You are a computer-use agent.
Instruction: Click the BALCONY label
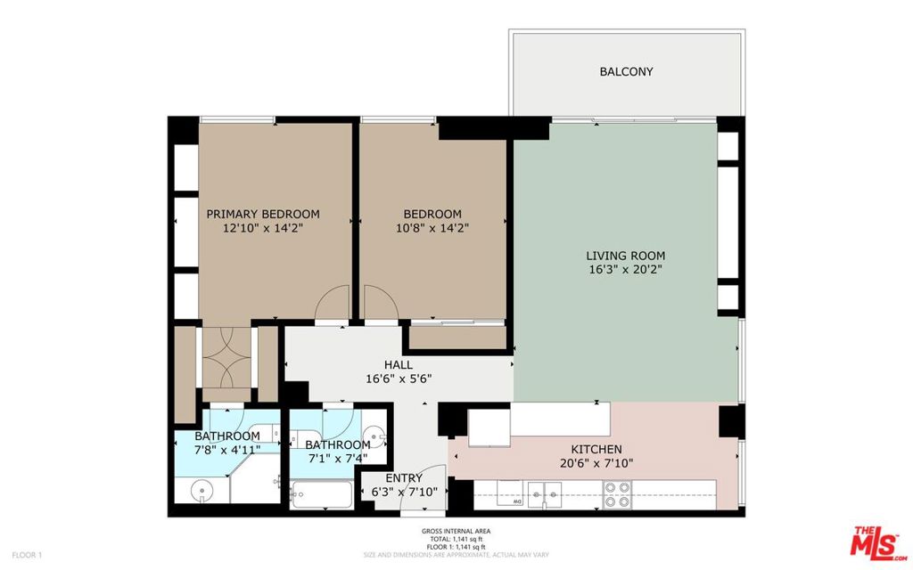pos(626,71)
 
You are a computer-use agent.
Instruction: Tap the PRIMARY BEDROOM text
pos(263,214)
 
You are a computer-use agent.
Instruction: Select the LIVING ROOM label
pos(625,256)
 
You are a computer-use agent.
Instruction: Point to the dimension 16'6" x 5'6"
pos(399,379)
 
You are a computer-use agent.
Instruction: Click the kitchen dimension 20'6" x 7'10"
pos(596,463)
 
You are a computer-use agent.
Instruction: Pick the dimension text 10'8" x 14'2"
pos(432,228)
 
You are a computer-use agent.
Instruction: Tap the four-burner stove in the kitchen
pos(618,494)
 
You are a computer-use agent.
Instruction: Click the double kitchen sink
pos(545,495)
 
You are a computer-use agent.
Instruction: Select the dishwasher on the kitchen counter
pos(509,493)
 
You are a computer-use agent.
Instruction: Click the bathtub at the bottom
pos(322,495)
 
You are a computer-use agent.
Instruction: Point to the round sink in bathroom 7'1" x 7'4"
pos(374,437)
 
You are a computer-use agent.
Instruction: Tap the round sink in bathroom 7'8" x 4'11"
pos(202,490)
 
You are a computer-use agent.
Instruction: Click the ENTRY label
pos(404,478)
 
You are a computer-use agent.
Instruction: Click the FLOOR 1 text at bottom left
pos(28,555)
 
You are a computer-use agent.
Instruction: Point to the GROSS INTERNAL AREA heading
pos(456,531)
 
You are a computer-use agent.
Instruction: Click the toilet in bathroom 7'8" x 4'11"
pos(266,435)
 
